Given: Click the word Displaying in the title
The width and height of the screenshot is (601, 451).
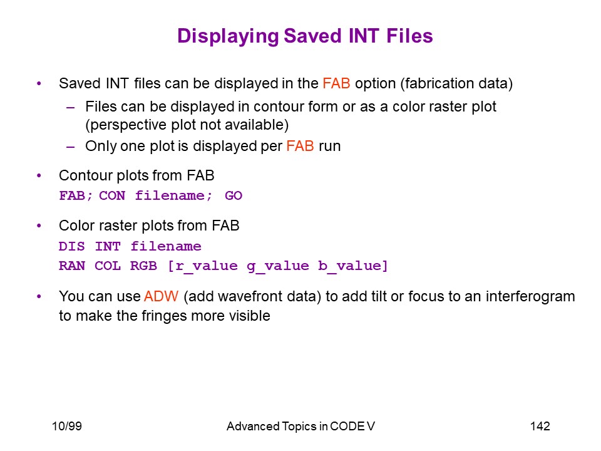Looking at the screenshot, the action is click(x=228, y=37).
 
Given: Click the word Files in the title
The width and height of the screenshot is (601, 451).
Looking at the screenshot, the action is click(x=409, y=36).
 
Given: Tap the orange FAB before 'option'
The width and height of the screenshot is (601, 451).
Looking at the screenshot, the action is click(x=336, y=83).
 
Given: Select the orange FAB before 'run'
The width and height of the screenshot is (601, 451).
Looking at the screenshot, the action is click(x=300, y=146).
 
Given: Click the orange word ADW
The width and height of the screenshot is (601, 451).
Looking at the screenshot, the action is click(x=161, y=296).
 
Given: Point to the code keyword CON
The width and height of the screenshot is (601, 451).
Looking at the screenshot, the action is click(x=112, y=195).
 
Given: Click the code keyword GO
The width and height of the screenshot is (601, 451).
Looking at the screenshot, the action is click(x=234, y=195).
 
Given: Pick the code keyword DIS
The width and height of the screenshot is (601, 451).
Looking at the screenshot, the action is click(x=71, y=246).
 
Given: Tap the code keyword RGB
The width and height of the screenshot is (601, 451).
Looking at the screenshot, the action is click(x=143, y=266).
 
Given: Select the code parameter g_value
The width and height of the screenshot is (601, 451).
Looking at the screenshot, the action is click(x=278, y=266).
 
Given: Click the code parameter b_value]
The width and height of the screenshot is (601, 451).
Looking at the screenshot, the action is click(x=353, y=266).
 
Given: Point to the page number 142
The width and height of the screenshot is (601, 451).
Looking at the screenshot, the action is click(x=540, y=426).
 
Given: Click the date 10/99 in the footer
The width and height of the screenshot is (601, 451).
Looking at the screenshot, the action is click(x=67, y=426).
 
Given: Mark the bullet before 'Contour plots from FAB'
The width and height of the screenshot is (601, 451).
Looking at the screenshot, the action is click(x=39, y=176).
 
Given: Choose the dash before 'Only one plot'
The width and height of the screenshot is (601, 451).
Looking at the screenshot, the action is click(x=70, y=147).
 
